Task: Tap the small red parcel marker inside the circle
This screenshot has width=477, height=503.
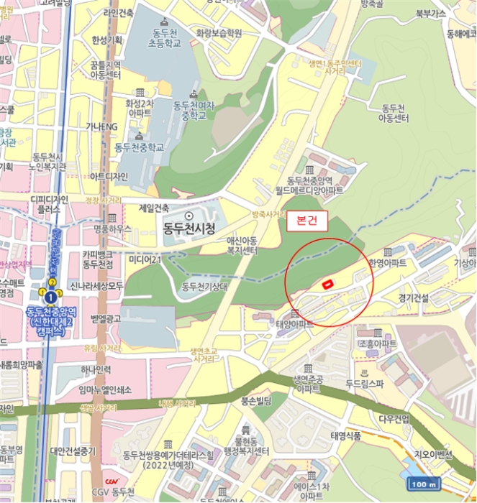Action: tap(327, 285)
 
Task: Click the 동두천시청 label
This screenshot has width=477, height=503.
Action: tap(188, 229)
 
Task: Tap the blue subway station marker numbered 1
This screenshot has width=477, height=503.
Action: tap(50, 296)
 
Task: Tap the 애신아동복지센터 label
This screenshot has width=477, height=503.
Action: tap(243, 246)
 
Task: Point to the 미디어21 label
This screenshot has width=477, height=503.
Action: tap(145, 259)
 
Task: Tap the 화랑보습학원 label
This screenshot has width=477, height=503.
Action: tap(219, 33)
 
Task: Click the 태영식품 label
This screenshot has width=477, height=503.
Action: tap(347, 435)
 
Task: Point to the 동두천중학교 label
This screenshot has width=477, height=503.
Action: tap(139, 147)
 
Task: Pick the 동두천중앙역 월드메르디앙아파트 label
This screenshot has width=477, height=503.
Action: tap(314, 185)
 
